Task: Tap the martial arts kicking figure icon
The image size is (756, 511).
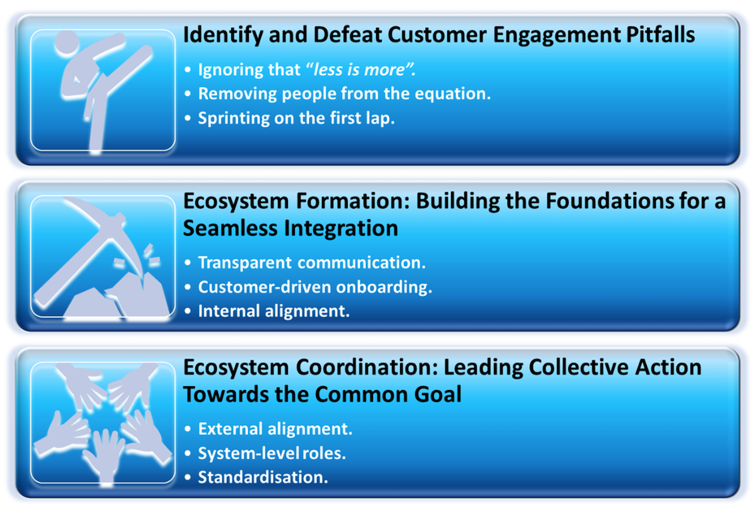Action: (x=101, y=91)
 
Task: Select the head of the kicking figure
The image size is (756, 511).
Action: (x=67, y=42)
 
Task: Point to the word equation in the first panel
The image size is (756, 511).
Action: (x=452, y=94)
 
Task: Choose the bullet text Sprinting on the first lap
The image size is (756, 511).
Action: (x=296, y=118)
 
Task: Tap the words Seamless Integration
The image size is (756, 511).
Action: (x=290, y=228)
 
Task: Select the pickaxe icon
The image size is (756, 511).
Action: (x=101, y=256)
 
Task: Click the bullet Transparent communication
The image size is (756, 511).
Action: (x=312, y=263)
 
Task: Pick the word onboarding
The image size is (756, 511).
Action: (x=384, y=287)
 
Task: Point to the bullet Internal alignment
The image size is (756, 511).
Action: (x=273, y=311)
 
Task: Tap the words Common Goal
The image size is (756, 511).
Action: (x=388, y=394)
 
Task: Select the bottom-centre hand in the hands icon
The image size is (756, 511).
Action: (x=105, y=457)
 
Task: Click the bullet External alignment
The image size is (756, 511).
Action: (x=275, y=429)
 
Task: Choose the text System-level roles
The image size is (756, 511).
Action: (x=272, y=453)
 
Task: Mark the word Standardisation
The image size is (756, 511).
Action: (x=263, y=477)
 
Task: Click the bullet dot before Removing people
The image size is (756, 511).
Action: (x=188, y=94)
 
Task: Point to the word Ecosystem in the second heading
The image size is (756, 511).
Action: (x=236, y=201)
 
